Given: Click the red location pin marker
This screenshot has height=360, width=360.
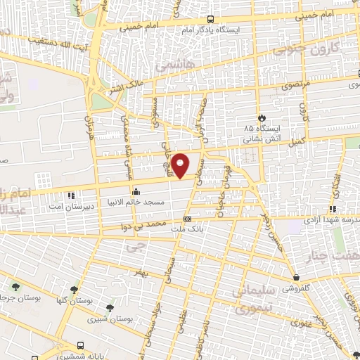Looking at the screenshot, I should tap(181, 165).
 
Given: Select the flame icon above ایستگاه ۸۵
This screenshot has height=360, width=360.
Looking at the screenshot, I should tap(262, 117).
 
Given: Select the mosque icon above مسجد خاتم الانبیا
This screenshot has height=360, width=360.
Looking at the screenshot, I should tap(135, 191).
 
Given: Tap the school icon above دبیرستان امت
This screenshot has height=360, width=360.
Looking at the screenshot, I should tap(69, 195).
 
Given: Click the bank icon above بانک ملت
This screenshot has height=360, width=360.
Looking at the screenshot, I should tap(187, 219).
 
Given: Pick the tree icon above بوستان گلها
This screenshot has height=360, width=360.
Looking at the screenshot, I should tap(74, 290).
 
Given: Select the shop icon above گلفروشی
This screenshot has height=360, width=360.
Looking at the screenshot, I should tap(297, 277).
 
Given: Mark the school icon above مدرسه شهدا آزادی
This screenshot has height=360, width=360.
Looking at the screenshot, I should tap(333, 210).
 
